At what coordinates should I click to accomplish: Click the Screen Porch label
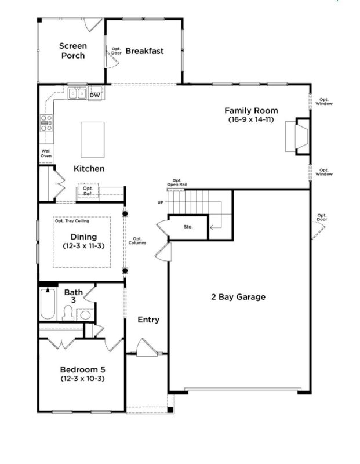coord(73,50)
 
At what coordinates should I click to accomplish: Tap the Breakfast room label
coord(144,51)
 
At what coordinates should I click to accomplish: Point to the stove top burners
coord(46,124)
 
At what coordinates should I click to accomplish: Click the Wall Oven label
coord(46,154)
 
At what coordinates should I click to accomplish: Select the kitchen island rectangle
coord(93,139)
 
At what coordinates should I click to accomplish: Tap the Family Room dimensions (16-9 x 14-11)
coord(251,119)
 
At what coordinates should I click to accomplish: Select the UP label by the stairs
coord(161,202)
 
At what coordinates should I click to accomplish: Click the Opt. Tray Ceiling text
coord(72,221)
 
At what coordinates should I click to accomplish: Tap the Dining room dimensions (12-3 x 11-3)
coord(83,246)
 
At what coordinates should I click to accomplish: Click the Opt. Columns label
coord(137,241)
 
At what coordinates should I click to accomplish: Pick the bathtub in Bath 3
coord(47,304)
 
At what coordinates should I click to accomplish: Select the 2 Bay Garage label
coord(238,297)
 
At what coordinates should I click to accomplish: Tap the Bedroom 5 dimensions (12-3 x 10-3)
coord(83,379)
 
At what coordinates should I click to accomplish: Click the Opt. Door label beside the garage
coord(322,217)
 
